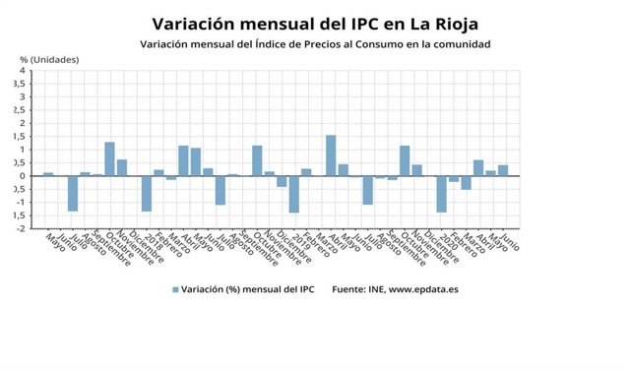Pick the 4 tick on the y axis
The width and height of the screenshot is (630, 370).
tap(23, 71)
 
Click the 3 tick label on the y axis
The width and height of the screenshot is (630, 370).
tap(23, 97)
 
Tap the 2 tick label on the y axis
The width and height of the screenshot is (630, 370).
tap(23, 123)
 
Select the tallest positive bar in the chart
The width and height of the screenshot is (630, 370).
tap(331, 155)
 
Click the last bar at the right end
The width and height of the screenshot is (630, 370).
tap(503, 170)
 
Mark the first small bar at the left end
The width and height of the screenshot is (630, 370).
tap(48, 174)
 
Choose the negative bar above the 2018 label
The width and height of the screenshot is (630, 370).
tap(147, 193)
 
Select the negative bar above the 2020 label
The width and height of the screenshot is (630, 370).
tap(441, 194)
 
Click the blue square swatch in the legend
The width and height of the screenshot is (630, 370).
tap(175, 289)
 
